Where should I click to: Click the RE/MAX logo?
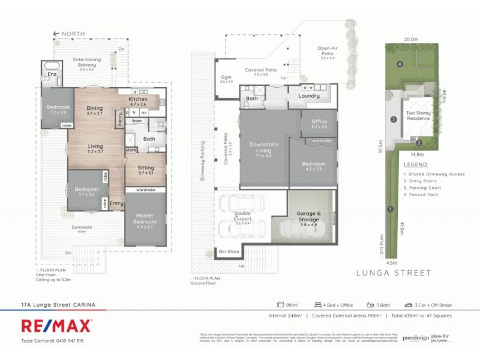click(57, 326)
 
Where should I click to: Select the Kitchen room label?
click(138, 99)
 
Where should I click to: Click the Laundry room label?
click(309, 95)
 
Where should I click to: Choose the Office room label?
click(319, 122)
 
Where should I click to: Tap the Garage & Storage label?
click(310, 217)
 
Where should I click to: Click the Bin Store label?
click(229, 251)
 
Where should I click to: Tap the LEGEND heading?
click(415, 164)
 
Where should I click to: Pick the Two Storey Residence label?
click(419, 115)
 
